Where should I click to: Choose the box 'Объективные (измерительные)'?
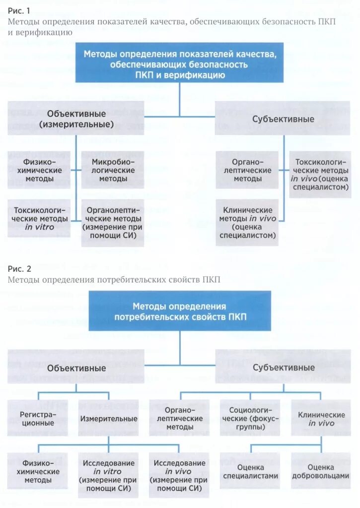(x=76, y=118)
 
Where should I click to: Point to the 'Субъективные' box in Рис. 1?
(x=283, y=119)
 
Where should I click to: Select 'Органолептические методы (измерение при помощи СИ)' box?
(x=113, y=223)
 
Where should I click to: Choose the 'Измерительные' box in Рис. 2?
(x=109, y=419)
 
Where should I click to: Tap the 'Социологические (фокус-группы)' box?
(x=250, y=419)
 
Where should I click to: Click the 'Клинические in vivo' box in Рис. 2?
(x=321, y=419)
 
